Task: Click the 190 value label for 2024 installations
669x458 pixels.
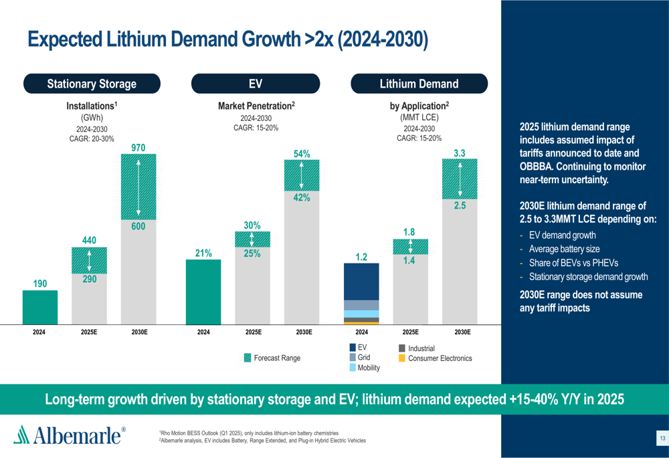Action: click(40, 284)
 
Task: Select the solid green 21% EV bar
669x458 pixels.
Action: click(203, 292)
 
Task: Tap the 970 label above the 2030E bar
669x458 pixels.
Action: click(138, 147)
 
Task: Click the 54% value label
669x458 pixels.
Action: click(302, 154)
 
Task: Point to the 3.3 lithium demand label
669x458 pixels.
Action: click(460, 154)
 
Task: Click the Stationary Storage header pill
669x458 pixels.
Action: click(92, 84)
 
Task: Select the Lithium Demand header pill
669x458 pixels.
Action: click(419, 84)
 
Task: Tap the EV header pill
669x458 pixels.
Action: click(256, 84)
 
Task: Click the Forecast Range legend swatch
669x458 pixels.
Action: click(248, 358)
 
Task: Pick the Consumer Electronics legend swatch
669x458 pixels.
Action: click(402, 358)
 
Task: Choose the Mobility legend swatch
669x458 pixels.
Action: click(353, 368)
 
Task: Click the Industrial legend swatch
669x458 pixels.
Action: click(402, 348)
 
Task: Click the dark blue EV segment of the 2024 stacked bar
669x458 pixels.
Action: click(361, 281)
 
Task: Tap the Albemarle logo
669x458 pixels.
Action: click(70, 435)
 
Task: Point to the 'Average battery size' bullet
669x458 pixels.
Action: click(564, 249)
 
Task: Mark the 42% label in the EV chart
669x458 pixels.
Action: click(301, 198)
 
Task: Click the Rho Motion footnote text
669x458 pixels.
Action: click(248, 433)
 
